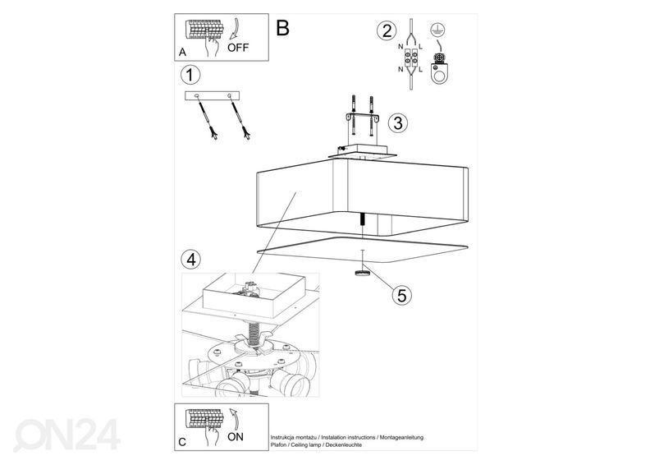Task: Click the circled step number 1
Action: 190,76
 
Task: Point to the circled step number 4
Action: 190,260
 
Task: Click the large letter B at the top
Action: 283,28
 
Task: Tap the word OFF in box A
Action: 237,48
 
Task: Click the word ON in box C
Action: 236,437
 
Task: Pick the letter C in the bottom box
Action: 181,442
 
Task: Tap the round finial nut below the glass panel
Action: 361,274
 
